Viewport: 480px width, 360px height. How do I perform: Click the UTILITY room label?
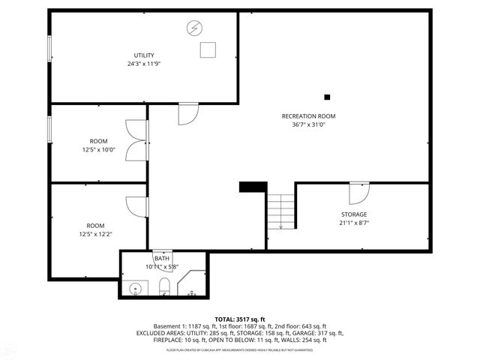pos(144,55)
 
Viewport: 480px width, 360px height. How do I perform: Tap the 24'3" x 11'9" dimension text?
pos(144,64)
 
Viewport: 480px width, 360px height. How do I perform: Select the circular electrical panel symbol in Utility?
pos(194,29)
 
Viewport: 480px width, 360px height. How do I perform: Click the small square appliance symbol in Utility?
pos(208,50)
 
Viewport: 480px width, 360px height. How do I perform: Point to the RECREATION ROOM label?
pos(308,116)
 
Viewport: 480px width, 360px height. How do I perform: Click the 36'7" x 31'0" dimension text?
pos(308,125)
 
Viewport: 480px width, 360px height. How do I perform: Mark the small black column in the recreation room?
pos(327,97)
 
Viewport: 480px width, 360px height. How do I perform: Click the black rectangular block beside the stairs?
pos(253,187)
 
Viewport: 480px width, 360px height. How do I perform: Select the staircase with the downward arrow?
pos(280,211)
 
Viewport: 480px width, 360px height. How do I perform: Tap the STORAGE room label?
pos(354,214)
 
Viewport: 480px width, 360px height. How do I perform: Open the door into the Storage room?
pos(359,192)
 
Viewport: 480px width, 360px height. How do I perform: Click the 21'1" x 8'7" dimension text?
pos(354,223)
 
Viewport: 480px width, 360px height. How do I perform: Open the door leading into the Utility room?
pos(187,114)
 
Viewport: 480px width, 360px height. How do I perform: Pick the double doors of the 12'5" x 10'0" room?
pos(136,140)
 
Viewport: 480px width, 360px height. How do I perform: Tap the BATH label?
pos(162,258)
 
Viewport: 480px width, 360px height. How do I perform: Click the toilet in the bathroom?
pos(164,286)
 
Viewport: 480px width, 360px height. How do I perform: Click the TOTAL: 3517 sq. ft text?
pos(239,319)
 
